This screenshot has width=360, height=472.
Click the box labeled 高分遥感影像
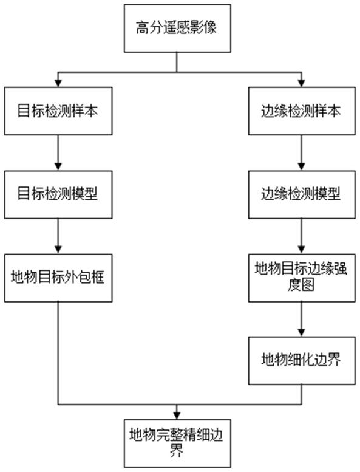(x=177, y=29)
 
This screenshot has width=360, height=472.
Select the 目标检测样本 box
(x=58, y=111)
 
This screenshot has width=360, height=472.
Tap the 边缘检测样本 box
(x=302, y=111)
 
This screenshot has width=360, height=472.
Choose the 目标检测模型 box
(x=58, y=195)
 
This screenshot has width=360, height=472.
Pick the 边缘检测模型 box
(x=302, y=195)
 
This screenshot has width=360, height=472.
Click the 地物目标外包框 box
(x=58, y=278)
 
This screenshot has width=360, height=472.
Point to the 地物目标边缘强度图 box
(x=302, y=278)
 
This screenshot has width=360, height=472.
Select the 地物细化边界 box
(x=302, y=361)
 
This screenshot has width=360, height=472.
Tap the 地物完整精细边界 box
(x=177, y=443)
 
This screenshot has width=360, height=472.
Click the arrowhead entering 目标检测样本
(x=58, y=83)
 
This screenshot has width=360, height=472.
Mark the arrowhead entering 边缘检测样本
(x=301, y=83)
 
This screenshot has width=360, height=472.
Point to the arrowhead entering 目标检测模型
(x=58, y=167)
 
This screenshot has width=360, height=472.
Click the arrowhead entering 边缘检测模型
(x=301, y=167)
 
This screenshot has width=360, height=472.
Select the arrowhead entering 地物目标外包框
(x=58, y=250)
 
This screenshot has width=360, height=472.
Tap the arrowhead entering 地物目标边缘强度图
(x=301, y=250)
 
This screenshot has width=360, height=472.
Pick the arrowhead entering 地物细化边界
(x=301, y=333)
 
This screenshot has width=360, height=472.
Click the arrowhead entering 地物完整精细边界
(x=177, y=416)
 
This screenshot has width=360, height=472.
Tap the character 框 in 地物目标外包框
(x=98, y=277)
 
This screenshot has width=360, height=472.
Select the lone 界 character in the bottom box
(x=177, y=451)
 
